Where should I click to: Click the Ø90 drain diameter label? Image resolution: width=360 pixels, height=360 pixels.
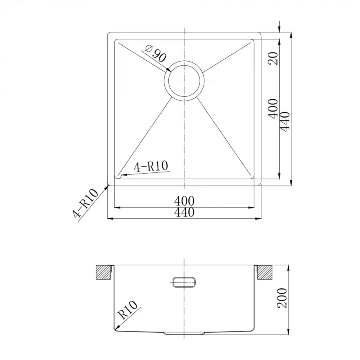coord(156,54)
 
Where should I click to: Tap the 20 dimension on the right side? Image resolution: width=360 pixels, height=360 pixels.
coord(273,58)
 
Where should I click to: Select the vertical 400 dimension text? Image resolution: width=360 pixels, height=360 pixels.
coord(273,109)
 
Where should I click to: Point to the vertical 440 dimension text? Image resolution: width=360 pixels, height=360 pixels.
coord(285,122)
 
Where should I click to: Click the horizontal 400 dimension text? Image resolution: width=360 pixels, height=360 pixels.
coord(184,201)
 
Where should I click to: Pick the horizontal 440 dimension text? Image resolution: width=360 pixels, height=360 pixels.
coord(184,212)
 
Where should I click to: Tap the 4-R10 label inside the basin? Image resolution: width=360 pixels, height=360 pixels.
coord(151,166)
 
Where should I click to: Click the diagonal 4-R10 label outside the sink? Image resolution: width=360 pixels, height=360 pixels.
coord(85,203)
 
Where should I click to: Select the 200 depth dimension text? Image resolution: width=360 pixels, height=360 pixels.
coord(282,298)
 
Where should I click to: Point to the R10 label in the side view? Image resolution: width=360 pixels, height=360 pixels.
coord(128,310)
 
